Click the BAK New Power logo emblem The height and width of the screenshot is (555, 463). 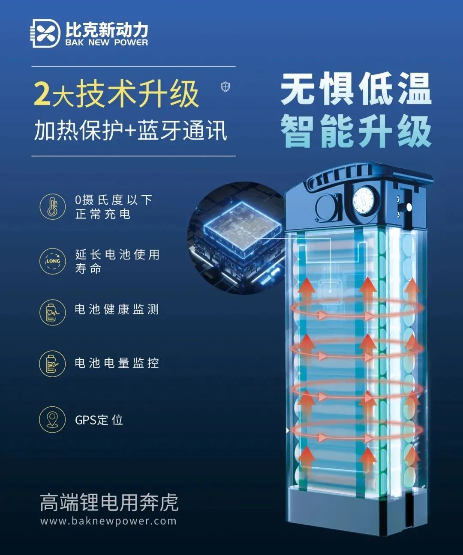[x=45, y=33]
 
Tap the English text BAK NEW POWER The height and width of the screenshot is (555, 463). [x=107, y=42]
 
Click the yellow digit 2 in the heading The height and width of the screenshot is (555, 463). [x=42, y=94]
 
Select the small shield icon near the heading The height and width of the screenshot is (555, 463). [x=225, y=87]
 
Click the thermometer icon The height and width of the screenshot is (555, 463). [x=53, y=206]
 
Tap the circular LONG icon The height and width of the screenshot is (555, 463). [x=53, y=261]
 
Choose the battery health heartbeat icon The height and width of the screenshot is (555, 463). [x=53, y=312]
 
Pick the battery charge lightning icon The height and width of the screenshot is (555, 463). [x=53, y=363]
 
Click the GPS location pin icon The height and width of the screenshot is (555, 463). [x=53, y=420]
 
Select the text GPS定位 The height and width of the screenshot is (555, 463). [x=99, y=420]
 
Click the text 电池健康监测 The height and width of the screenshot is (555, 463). [x=117, y=310]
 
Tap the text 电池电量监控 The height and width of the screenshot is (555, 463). [x=117, y=363]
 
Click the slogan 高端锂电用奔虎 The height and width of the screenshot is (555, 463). [x=109, y=502]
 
